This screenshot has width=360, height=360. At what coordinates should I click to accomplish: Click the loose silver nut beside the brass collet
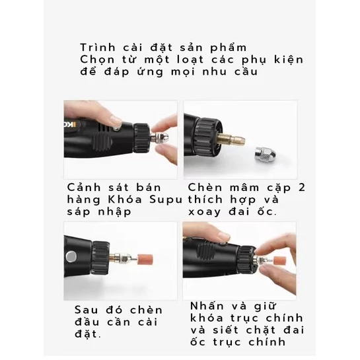pos(265,157)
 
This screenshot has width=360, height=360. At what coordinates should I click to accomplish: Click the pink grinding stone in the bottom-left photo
pos(145,260)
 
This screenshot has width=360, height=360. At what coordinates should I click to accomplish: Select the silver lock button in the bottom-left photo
pos(71,257)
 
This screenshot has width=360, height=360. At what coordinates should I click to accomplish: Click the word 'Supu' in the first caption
pos(166,199)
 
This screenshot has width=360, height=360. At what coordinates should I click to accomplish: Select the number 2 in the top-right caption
pos(302,188)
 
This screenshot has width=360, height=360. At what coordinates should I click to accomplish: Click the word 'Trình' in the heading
pos(98,48)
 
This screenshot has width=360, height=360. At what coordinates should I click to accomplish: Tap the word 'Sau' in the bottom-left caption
pos(87,310)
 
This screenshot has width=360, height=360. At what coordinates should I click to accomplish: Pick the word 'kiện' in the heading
pos(289,59)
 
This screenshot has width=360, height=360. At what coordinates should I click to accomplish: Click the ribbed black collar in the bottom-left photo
pos(100,258)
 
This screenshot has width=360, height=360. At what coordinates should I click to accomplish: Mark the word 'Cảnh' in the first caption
pos(84,188)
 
